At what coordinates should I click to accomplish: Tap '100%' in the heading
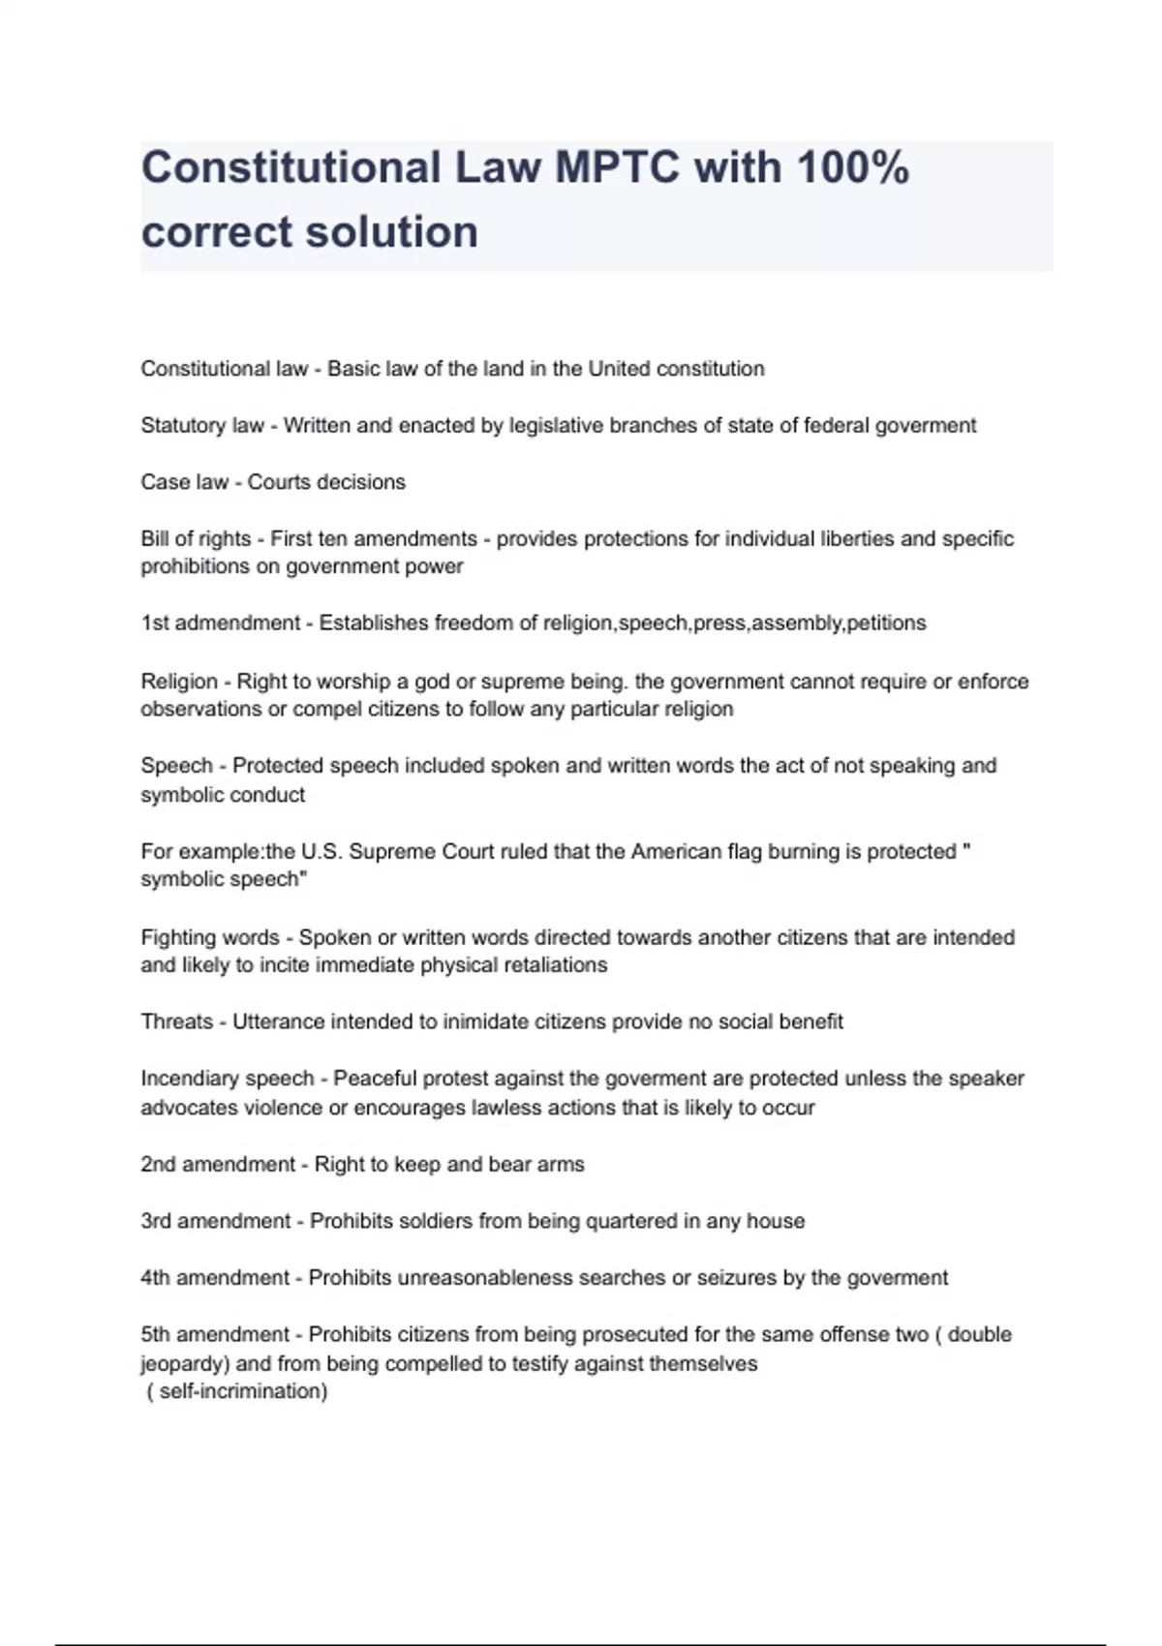[852, 168]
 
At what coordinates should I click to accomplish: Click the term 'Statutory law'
[202, 426]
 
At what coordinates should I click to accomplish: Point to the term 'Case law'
[184, 482]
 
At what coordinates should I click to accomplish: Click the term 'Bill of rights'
[196, 539]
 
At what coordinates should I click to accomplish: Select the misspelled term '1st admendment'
[221, 624]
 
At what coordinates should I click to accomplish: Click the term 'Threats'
[176, 1021]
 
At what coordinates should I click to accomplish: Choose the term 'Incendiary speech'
[228, 1079]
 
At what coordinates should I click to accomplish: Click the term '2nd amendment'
[218, 1165]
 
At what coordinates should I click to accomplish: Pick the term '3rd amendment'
[216, 1221]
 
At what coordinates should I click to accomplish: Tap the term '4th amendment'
[215, 1278]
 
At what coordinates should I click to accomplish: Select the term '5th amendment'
[215, 1335]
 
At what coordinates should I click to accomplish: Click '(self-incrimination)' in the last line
[238, 1392]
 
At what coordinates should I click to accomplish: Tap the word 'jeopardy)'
[185, 1364]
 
